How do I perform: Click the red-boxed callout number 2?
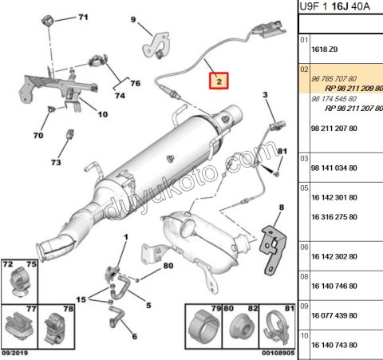[x=219, y=81]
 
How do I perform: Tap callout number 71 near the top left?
[x=83, y=18]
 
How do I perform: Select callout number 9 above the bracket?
[x=133, y=19]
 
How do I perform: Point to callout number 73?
[x=56, y=162]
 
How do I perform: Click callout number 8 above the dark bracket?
[x=282, y=208]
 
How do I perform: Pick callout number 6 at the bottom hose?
[x=135, y=336]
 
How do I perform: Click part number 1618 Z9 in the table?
[x=325, y=49]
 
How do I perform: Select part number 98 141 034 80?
[x=334, y=168]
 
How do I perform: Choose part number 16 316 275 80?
[x=334, y=217]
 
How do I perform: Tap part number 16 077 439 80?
[x=334, y=315]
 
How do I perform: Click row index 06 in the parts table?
[x=304, y=247]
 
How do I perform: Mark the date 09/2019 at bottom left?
[x=14, y=353]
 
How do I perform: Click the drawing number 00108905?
[x=278, y=353]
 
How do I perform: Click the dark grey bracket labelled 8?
[x=273, y=250]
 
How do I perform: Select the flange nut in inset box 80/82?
[x=240, y=328]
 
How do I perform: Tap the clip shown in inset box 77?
[x=19, y=326]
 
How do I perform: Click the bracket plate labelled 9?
[x=156, y=45]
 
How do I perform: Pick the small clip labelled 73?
[x=70, y=134]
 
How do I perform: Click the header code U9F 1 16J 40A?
[x=334, y=6]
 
